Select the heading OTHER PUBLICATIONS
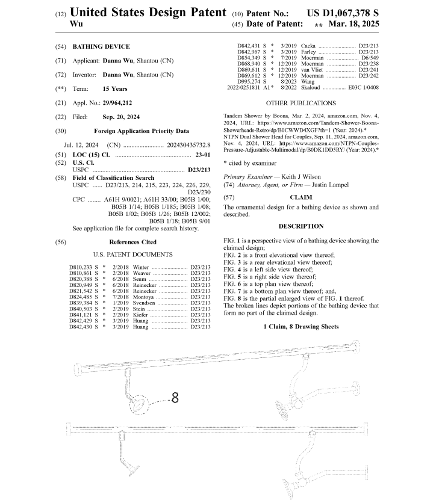click(300, 103)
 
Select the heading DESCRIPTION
click(300, 226)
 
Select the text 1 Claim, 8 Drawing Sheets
click(300, 326)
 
